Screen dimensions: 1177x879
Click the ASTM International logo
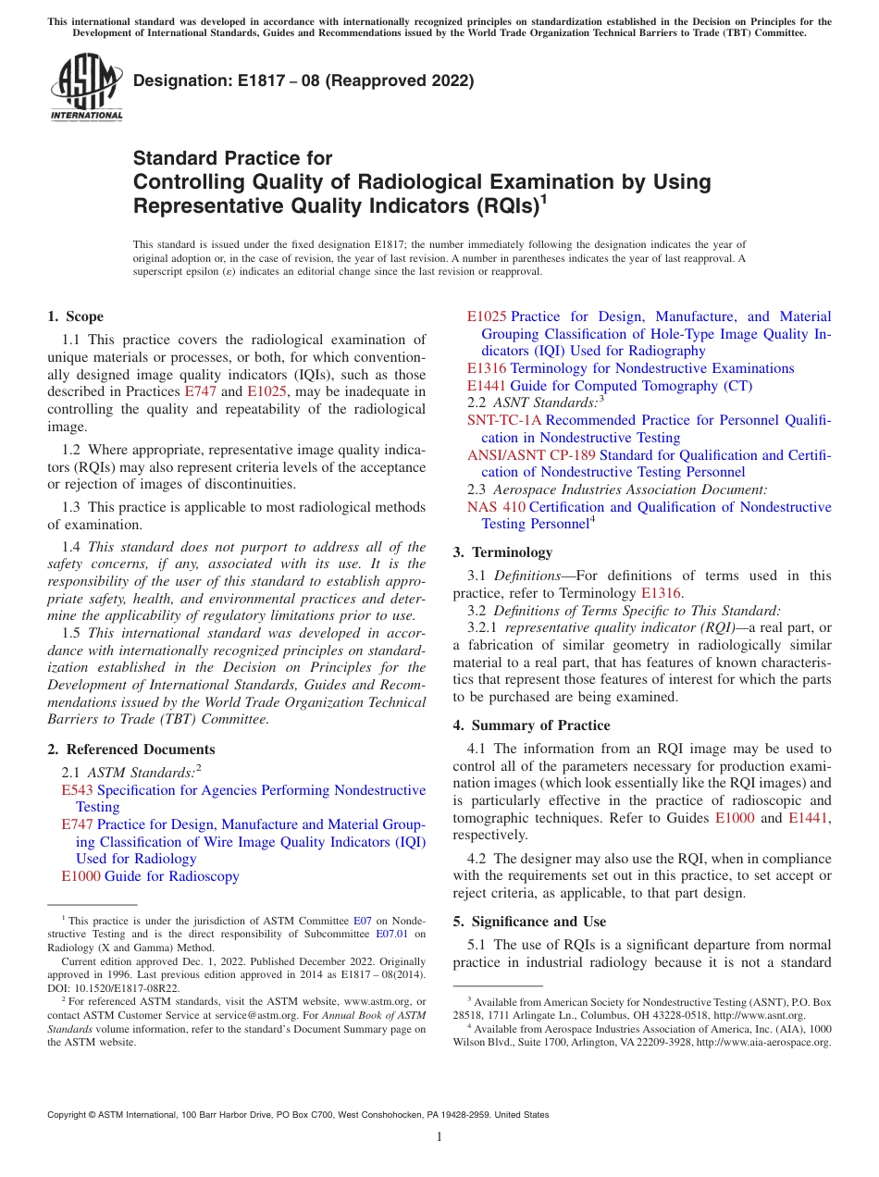click(x=85, y=87)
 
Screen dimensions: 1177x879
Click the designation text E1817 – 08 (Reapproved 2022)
click(x=303, y=81)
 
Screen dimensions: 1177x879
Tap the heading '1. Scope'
click(x=75, y=316)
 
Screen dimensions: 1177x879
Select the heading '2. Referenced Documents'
click(x=130, y=750)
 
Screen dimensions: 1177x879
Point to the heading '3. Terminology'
click(x=502, y=552)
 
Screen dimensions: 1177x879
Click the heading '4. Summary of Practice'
click(x=531, y=725)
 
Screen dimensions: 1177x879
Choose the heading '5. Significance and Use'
click(x=529, y=922)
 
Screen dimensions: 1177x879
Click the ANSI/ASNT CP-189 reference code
click(x=531, y=455)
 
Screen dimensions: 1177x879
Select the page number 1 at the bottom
click(x=439, y=1137)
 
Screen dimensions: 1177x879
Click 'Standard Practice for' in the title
click(x=232, y=158)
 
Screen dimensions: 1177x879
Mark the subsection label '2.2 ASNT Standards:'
click(x=535, y=403)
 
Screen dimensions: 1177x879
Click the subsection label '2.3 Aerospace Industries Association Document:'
click(x=617, y=489)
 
